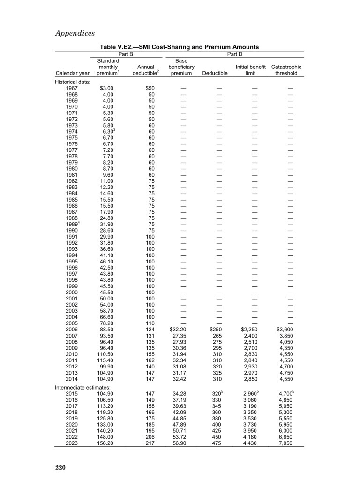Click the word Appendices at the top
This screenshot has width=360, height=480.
click(75, 33)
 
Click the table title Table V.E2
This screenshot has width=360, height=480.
click(179, 47)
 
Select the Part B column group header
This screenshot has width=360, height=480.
click(126, 54)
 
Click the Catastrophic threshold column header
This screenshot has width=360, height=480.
click(286, 70)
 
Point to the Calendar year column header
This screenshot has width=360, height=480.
click(72, 73)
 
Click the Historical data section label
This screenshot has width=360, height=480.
click(73, 82)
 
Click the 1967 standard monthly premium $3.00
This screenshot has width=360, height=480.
click(106, 88)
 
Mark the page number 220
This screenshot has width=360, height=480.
click(60, 467)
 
